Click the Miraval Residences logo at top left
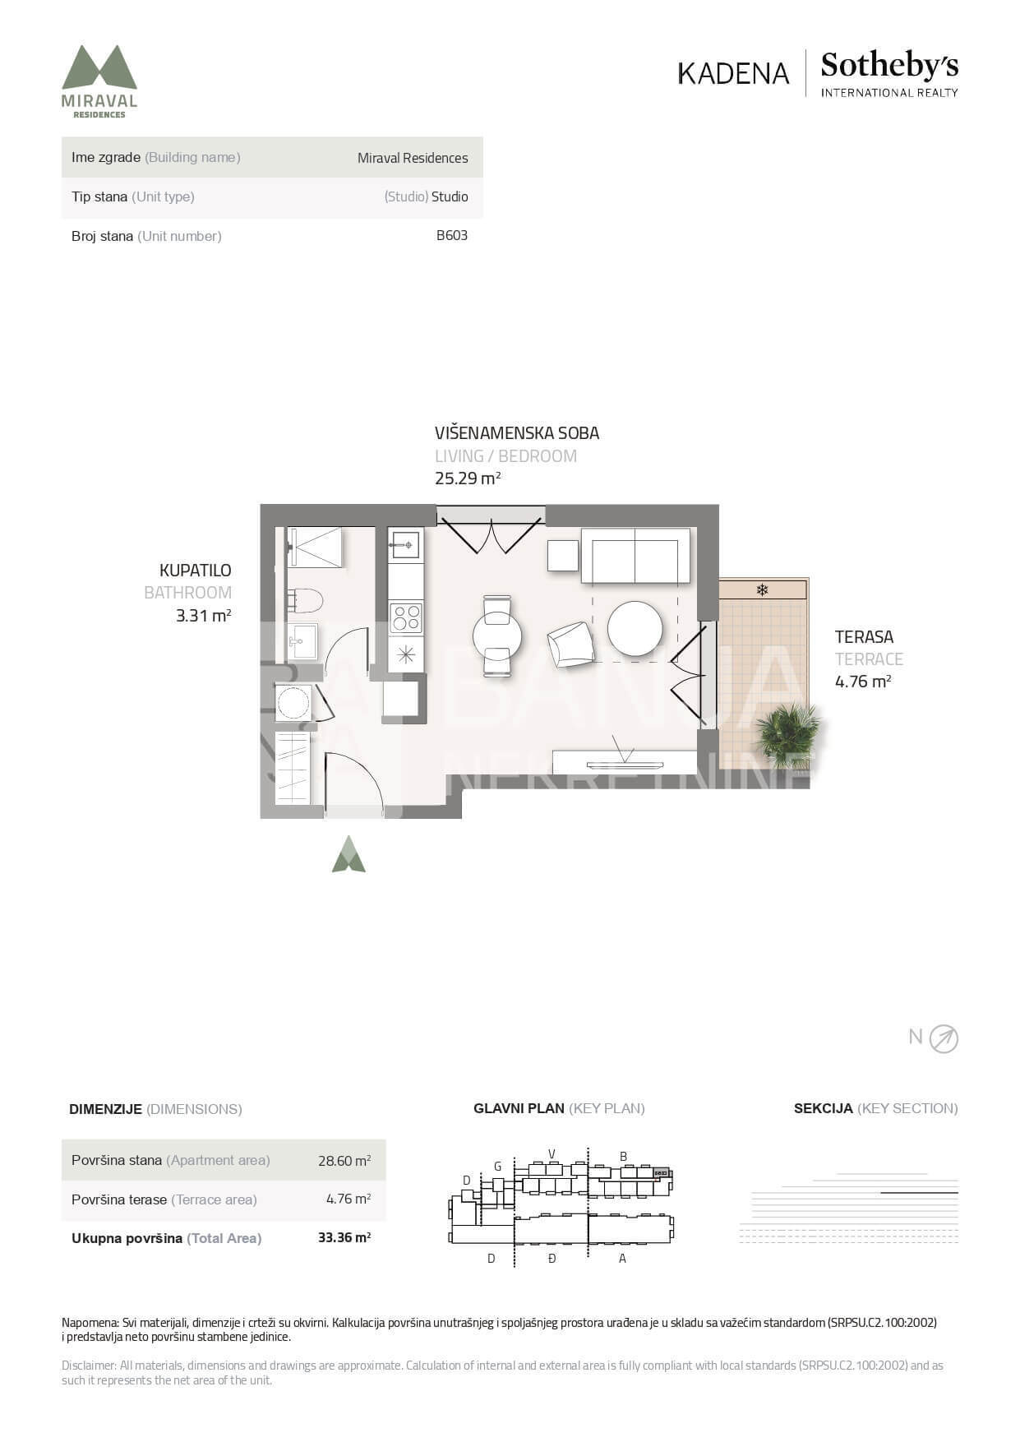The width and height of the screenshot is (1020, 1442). (99, 81)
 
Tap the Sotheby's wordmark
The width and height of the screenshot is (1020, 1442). (889, 66)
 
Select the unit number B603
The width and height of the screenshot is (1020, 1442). (452, 235)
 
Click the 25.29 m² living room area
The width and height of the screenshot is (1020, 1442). (468, 478)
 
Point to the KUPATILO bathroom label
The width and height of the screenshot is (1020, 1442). (196, 570)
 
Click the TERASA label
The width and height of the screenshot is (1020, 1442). (864, 636)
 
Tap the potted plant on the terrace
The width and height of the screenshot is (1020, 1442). (787, 734)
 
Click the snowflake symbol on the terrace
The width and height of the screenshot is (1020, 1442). (762, 589)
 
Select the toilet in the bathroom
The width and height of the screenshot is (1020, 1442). (304, 601)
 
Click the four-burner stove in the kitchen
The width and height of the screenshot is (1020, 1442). (405, 617)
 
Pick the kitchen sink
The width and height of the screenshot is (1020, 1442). (405, 544)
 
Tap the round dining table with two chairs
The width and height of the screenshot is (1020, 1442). (497, 635)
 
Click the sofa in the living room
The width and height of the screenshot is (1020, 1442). (635, 556)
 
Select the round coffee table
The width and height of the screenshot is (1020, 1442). (635, 629)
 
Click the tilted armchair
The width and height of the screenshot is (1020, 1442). (571, 645)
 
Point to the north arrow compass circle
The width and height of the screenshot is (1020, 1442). (944, 1039)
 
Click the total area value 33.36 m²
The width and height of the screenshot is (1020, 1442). (344, 1237)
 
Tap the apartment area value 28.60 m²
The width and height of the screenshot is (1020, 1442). (344, 1160)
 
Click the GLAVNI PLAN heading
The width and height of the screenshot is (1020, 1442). (519, 1108)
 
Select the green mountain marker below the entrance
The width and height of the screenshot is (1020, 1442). (348, 854)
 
